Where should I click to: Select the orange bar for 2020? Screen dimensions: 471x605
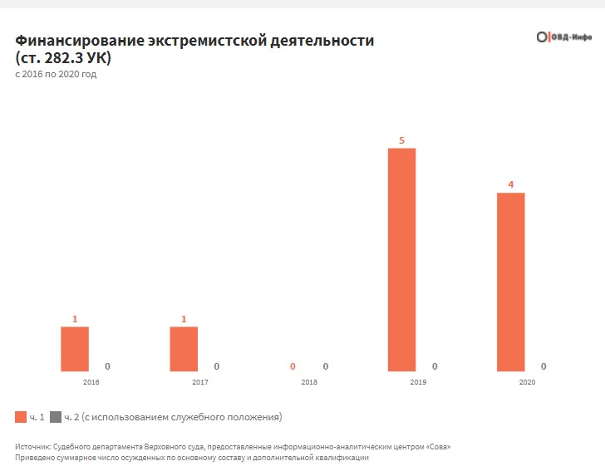pyautogui.click(x=510, y=282)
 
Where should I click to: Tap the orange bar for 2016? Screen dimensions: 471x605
pyautogui.click(x=75, y=349)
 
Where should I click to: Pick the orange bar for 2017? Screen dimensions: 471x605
pyautogui.click(x=184, y=349)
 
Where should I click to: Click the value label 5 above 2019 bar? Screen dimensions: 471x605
pyautogui.click(x=401, y=140)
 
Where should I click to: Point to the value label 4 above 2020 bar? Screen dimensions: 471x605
pyautogui.click(x=510, y=184)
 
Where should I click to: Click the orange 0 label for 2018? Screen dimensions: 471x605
pyautogui.click(x=293, y=366)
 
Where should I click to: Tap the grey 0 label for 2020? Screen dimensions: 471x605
pyautogui.click(x=544, y=366)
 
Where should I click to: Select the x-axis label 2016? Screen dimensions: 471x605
pyautogui.click(x=91, y=382)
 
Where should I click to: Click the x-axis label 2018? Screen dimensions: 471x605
pyautogui.click(x=308, y=382)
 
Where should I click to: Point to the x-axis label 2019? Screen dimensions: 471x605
pyautogui.click(x=418, y=382)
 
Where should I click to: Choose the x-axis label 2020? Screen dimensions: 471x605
pyautogui.click(x=527, y=382)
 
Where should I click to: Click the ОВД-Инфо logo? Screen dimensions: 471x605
pyautogui.click(x=563, y=37)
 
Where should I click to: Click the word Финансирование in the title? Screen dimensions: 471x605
pyautogui.click(x=79, y=41)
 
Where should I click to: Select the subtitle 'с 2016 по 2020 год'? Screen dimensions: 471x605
pyautogui.click(x=56, y=74)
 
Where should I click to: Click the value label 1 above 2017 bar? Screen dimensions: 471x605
pyautogui.click(x=184, y=319)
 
